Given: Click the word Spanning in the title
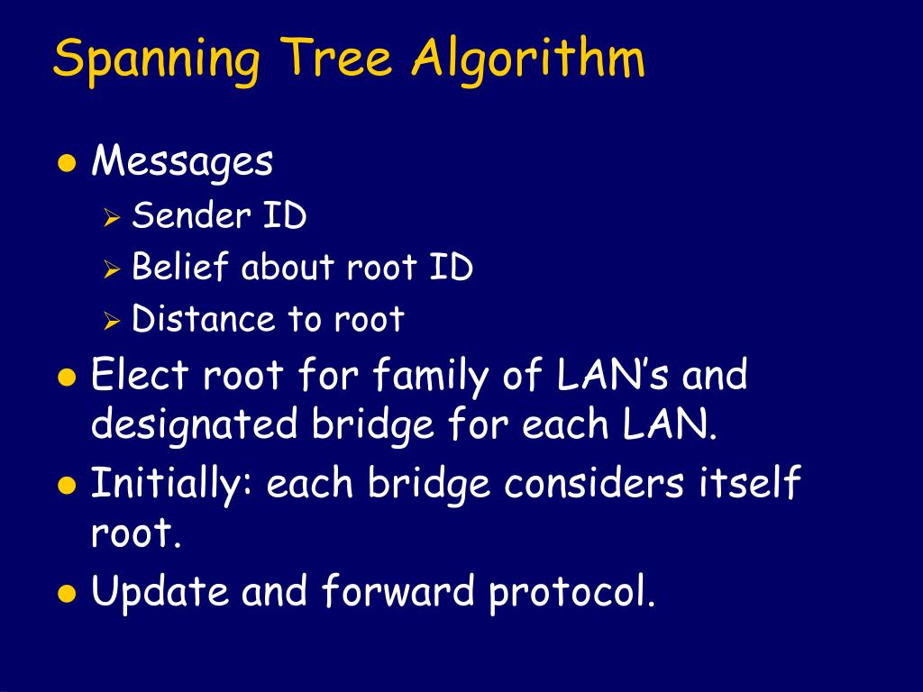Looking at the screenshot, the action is coord(158,60).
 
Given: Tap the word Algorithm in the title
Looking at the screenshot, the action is coord(529,60).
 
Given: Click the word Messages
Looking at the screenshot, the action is coord(182,163).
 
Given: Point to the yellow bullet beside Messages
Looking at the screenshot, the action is coord(66,164).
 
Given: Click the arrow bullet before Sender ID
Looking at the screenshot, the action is coord(112,217).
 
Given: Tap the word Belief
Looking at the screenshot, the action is coord(181,268).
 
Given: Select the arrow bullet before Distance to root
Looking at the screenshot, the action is coord(112,321).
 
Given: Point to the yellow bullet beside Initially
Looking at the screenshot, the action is coord(66,486).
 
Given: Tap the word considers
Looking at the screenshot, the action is coord(594,485).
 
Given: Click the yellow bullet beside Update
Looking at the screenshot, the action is coord(66,594).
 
